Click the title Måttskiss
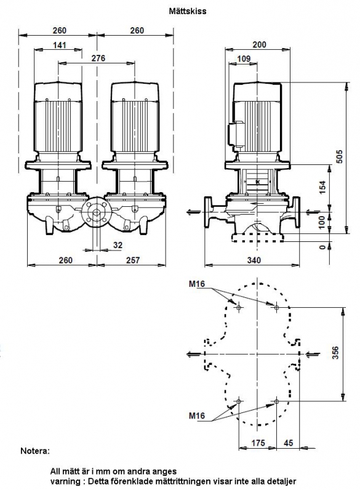coord(188,11)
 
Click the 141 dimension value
coord(59,45)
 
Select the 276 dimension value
coord(98,58)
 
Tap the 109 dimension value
coord(244,58)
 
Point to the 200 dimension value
coord(259,45)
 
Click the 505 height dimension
coord(339,157)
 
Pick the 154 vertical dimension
coord(323,187)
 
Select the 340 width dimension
coord(254,260)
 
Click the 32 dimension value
coord(118,246)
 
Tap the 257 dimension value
coord(133,260)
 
